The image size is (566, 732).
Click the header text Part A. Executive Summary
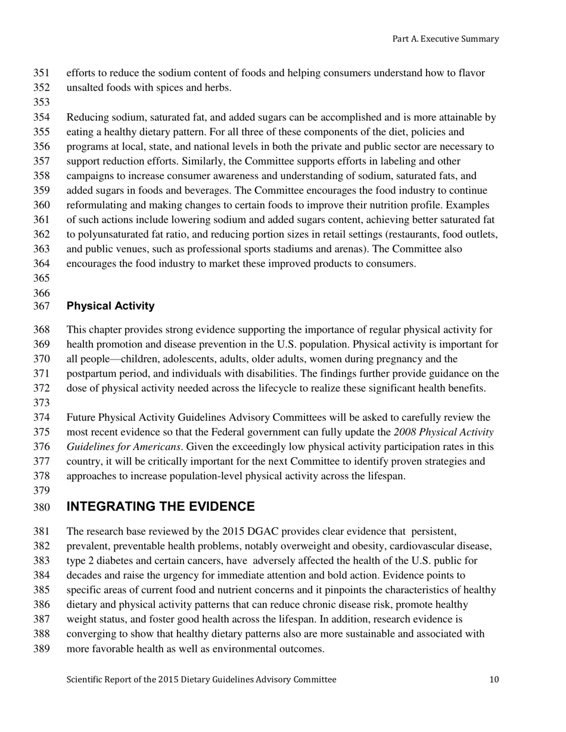tap(445, 39)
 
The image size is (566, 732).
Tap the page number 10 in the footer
tap(494, 680)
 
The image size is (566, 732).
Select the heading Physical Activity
tap(110, 306)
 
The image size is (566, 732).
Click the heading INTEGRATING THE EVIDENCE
tap(160, 506)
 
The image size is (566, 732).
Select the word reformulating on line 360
tap(95, 205)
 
